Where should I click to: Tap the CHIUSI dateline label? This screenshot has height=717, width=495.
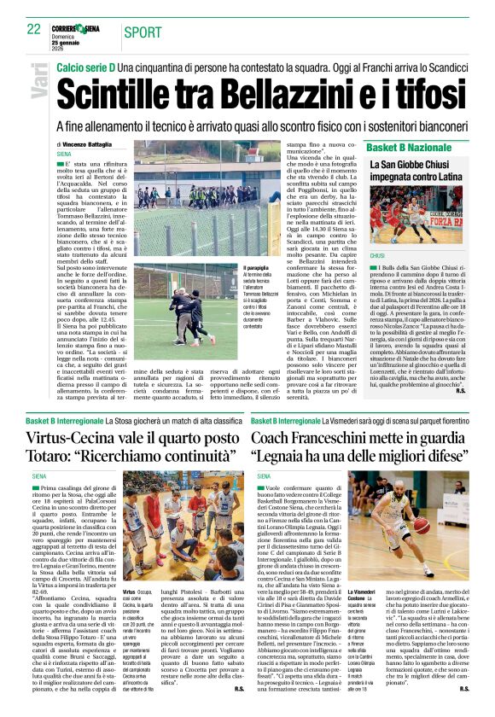[376, 255]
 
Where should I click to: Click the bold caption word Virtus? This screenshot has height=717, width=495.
[130, 591]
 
